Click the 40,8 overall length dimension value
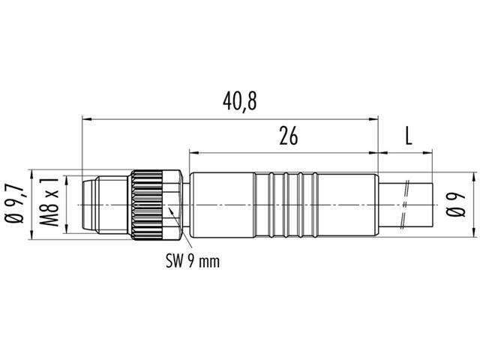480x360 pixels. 239,101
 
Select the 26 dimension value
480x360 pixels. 288,136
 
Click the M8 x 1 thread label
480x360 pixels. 49,202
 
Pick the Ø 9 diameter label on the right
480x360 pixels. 456,205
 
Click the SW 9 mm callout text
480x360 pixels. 193,262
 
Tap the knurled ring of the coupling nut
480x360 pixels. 147,205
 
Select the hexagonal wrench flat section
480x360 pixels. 172,205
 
